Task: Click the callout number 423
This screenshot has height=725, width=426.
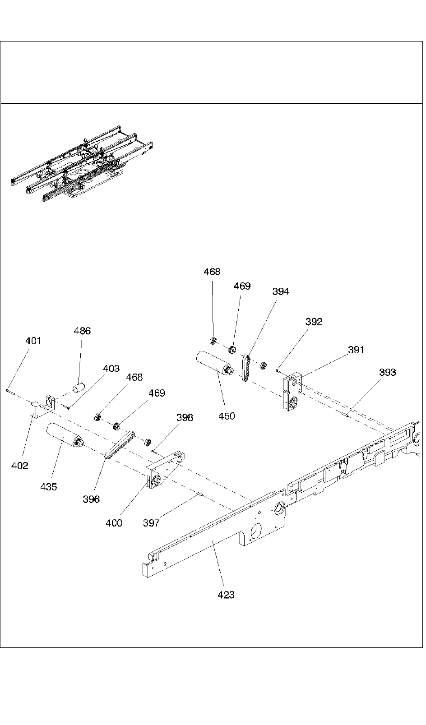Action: tap(226, 595)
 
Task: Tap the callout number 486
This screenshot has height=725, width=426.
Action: tap(82, 331)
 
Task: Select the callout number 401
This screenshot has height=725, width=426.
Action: tap(33, 341)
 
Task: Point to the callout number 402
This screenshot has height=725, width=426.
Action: tap(20, 466)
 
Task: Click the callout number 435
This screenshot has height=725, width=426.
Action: tap(49, 487)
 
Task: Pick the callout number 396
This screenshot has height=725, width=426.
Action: tap(92, 499)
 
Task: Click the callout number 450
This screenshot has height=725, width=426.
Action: tap(227, 416)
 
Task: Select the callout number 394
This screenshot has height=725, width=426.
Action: tap(281, 291)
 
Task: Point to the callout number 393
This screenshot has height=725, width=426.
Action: tap(388, 372)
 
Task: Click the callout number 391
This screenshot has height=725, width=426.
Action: tap(356, 350)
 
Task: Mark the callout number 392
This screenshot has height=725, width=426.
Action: tap(314, 322)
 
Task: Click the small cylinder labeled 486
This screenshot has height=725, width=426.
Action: tap(79, 388)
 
